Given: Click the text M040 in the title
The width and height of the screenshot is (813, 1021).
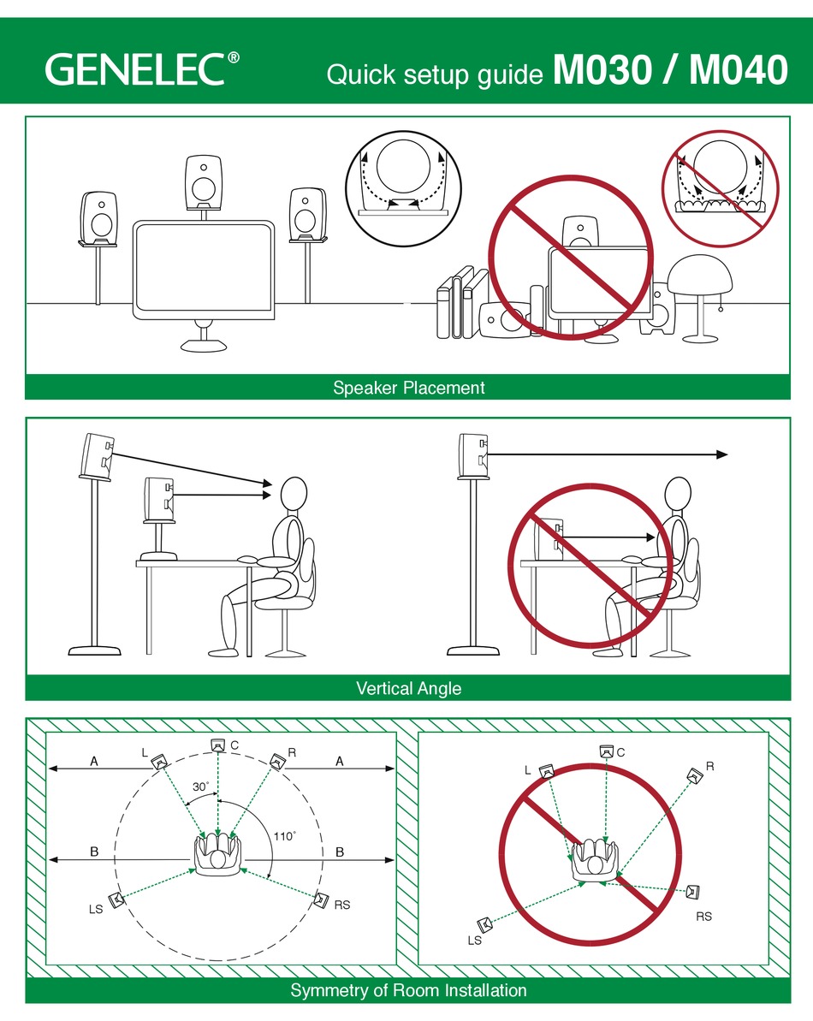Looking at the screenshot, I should pos(738,70).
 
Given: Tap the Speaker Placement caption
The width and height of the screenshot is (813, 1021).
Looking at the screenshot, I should pos(408,388).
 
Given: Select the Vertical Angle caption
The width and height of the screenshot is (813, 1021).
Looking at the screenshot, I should pos(408,688).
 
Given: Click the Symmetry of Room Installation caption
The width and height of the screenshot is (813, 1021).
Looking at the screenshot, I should pos(408,991).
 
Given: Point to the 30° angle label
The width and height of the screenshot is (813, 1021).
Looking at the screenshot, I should pos(200,787).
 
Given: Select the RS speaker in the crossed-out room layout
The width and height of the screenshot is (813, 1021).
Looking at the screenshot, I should pos(693,893).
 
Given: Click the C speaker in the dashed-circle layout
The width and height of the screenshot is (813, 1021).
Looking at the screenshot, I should pos(218,745).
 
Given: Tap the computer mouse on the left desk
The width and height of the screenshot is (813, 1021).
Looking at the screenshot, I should pos(247,559).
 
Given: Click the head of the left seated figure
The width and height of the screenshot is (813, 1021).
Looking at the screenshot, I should pos(294,494).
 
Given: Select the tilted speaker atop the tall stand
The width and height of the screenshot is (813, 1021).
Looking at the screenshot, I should pos(98,454).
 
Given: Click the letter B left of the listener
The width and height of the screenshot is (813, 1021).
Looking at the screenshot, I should pos(95,852).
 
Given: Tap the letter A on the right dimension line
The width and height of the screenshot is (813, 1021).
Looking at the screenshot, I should pos(339,761).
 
